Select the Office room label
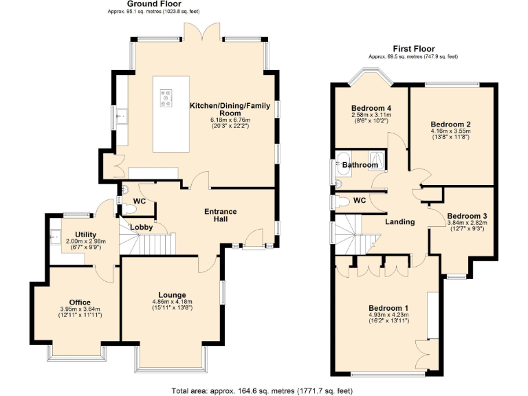(x=80, y=302)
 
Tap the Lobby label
(x=141, y=227)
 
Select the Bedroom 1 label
(x=388, y=307)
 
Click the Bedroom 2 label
(x=450, y=124)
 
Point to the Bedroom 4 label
(x=371, y=109)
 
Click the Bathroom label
(x=360, y=165)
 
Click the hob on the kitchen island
(x=166, y=99)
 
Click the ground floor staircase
(x=149, y=243)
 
